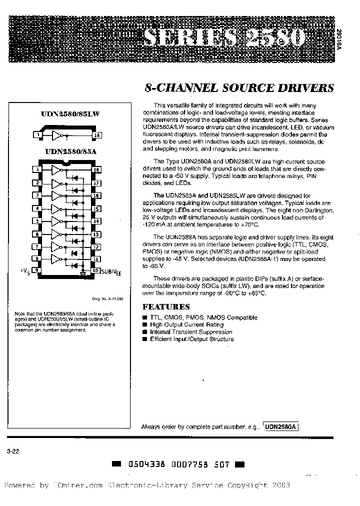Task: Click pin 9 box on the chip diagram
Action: click(x=37, y=270)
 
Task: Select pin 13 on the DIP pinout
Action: click(x=96, y=233)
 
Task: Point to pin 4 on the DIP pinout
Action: click(x=37, y=208)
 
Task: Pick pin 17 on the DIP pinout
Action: click(x=96, y=183)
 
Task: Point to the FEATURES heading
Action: click(x=166, y=306)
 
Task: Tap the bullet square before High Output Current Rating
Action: click(x=145, y=324)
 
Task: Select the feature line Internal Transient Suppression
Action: click(x=191, y=331)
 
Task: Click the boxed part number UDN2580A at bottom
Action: click(x=281, y=426)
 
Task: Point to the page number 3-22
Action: click(x=13, y=451)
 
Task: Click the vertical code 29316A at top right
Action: click(x=353, y=38)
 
